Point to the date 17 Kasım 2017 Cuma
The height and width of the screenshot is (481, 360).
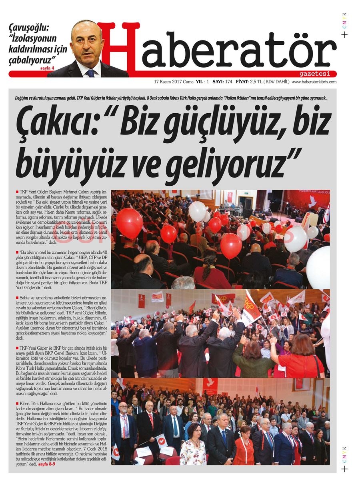click(174, 82)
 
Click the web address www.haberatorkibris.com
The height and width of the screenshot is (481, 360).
click(314, 82)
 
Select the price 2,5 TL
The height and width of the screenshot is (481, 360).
click(256, 82)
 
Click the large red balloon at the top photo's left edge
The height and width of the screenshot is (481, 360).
click(129, 223)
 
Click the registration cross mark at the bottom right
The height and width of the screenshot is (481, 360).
click(344, 469)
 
